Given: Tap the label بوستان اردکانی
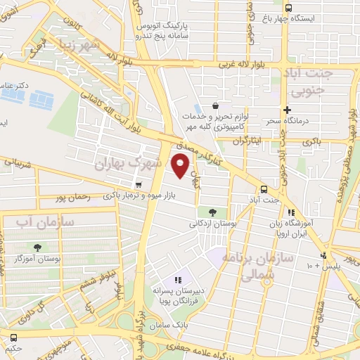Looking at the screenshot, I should click(x=212, y=224).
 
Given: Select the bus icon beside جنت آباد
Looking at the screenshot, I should click(x=264, y=188).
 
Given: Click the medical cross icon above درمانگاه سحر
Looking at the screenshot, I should click(x=286, y=110).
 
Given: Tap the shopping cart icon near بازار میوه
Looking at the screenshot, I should click(x=138, y=185).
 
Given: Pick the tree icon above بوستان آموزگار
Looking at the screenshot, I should click(x=37, y=247).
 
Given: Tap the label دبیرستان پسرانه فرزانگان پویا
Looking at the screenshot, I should click(x=180, y=295).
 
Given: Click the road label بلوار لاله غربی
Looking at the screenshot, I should click(x=226, y=63).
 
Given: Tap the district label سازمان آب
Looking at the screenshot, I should click(x=35, y=221).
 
